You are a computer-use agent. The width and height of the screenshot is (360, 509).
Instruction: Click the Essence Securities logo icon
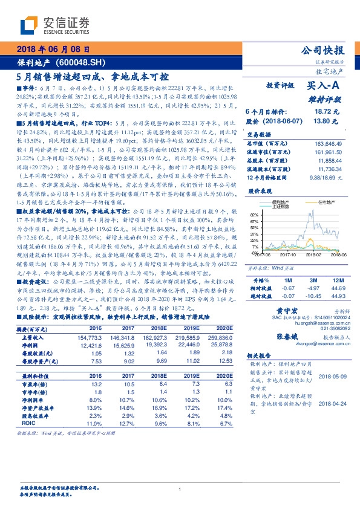coord(28,26)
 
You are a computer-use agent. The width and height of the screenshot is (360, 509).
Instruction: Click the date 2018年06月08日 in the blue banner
coord(54,50)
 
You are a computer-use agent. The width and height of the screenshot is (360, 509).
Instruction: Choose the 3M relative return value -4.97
coord(312,289)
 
